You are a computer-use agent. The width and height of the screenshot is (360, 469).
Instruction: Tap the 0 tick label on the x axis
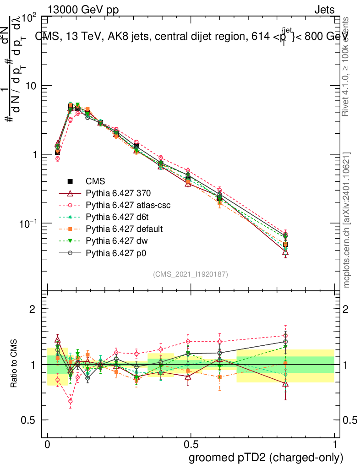48,445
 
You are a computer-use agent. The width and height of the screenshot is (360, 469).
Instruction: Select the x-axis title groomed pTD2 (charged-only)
266,457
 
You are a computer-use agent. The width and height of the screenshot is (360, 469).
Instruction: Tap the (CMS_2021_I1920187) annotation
191,274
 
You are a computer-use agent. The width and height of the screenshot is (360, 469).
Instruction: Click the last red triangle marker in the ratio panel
285,384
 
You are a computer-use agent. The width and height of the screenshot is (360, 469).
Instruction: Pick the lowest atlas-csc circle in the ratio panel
71,401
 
